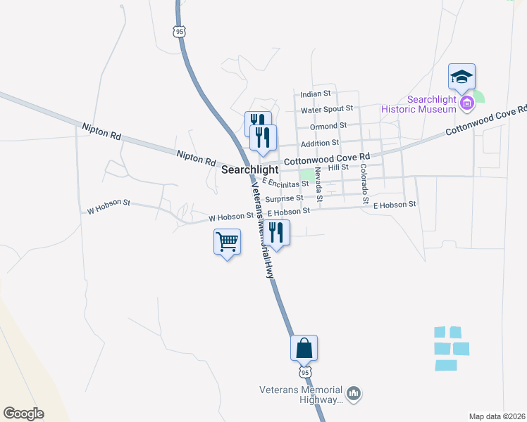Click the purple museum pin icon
tap(466, 104)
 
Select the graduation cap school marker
tap(461, 76)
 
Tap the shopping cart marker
tap(227, 242)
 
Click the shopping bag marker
tap(304, 347)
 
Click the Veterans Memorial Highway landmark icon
tap(354, 394)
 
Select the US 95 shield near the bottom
tap(304, 371)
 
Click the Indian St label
tap(315, 94)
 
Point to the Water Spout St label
tap(326, 110)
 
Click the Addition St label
tap(320, 143)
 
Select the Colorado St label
tap(364, 184)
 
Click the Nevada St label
tap(318, 185)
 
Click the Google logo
tap(23, 414)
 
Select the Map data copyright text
tap(497, 416)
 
